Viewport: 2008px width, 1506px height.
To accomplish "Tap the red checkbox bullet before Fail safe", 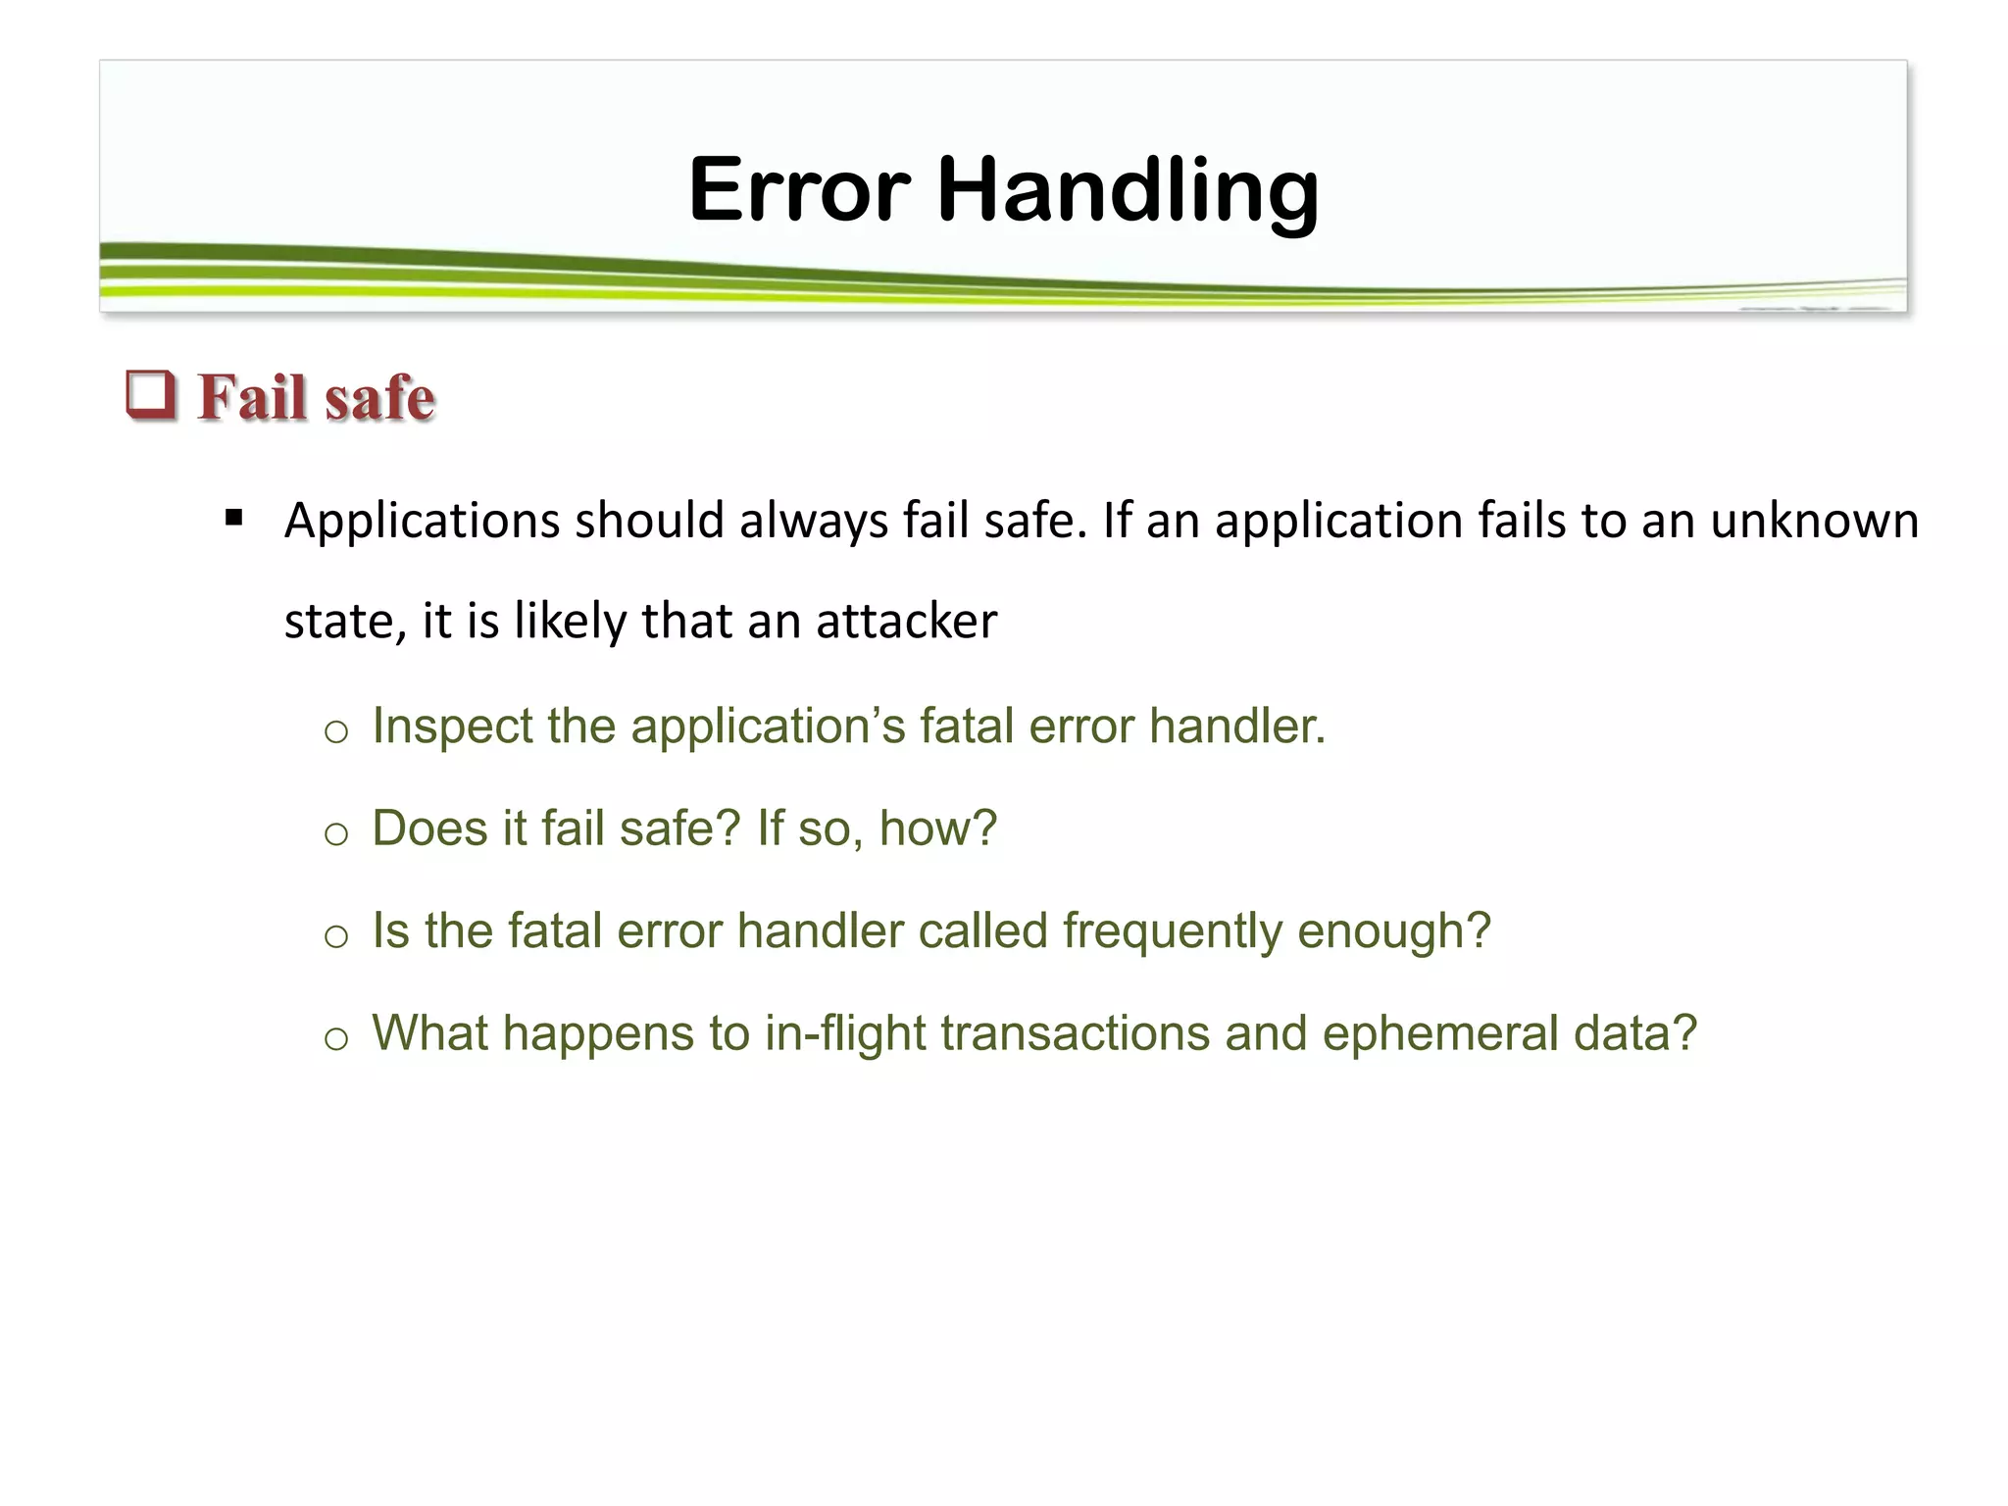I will click(151, 395).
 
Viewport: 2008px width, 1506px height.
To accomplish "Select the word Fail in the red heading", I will click(252, 398).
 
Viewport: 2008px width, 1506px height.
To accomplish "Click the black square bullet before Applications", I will click(233, 518).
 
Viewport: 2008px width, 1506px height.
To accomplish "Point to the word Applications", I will click(422, 521).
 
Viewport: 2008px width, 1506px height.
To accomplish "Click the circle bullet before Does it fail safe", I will click(336, 833).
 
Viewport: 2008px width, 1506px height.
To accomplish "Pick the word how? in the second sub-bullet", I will click(937, 828).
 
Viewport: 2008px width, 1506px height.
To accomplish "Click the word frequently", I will click(1172, 931).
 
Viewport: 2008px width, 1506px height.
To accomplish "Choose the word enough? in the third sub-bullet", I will click(1393, 931).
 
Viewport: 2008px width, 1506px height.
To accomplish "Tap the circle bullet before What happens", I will click(336, 1038).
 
